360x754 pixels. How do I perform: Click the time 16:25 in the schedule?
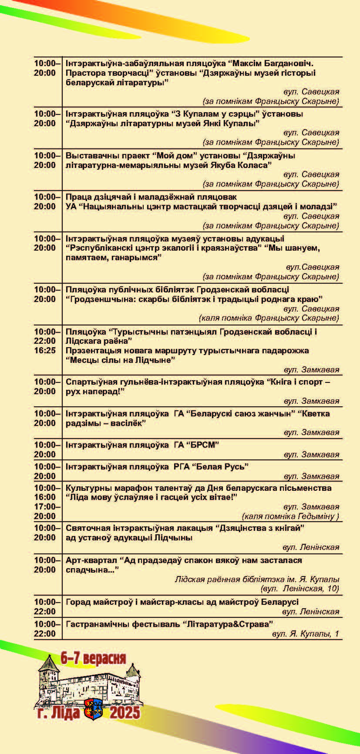pyautogui.click(x=45, y=351)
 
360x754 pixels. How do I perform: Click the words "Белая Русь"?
pyautogui.click(x=222, y=467)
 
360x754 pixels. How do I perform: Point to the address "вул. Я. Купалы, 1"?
pyautogui.click(x=305, y=634)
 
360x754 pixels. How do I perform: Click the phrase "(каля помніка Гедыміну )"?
pyautogui.click(x=290, y=516)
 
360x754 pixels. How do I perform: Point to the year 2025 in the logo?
pyautogui.click(x=124, y=713)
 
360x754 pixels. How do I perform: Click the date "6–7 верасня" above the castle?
pyautogui.click(x=93, y=658)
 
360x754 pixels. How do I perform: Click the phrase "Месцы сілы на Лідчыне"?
pyautogui.click(x=120, y=360)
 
